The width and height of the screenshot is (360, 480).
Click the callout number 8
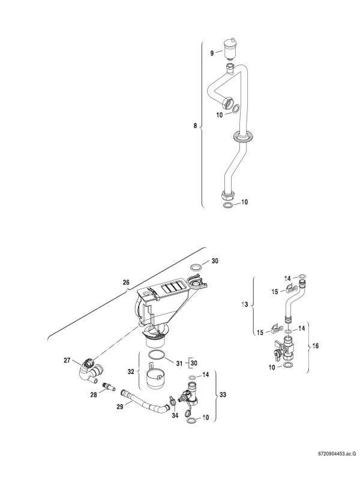click(x=194, y=126)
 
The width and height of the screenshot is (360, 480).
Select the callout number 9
click(x=212, y=54)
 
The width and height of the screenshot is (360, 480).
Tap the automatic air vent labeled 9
click(x=227, y=46)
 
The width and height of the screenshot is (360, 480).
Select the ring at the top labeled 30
click(x=196, y=267)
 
